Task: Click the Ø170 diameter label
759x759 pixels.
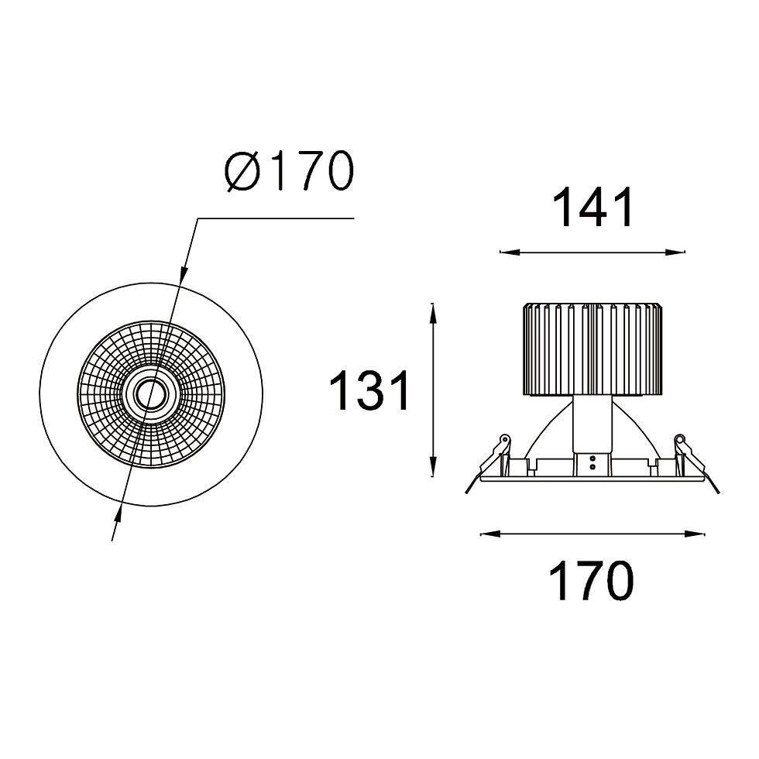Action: coord(289,171)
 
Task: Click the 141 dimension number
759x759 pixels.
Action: coord(593,208)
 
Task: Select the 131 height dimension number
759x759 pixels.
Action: coord(369,390)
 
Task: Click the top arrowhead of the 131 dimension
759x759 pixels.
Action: coord(433,314)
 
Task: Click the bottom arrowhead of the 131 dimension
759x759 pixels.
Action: coord(433,466)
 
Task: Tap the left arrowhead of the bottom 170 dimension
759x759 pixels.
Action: coord(489,534)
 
